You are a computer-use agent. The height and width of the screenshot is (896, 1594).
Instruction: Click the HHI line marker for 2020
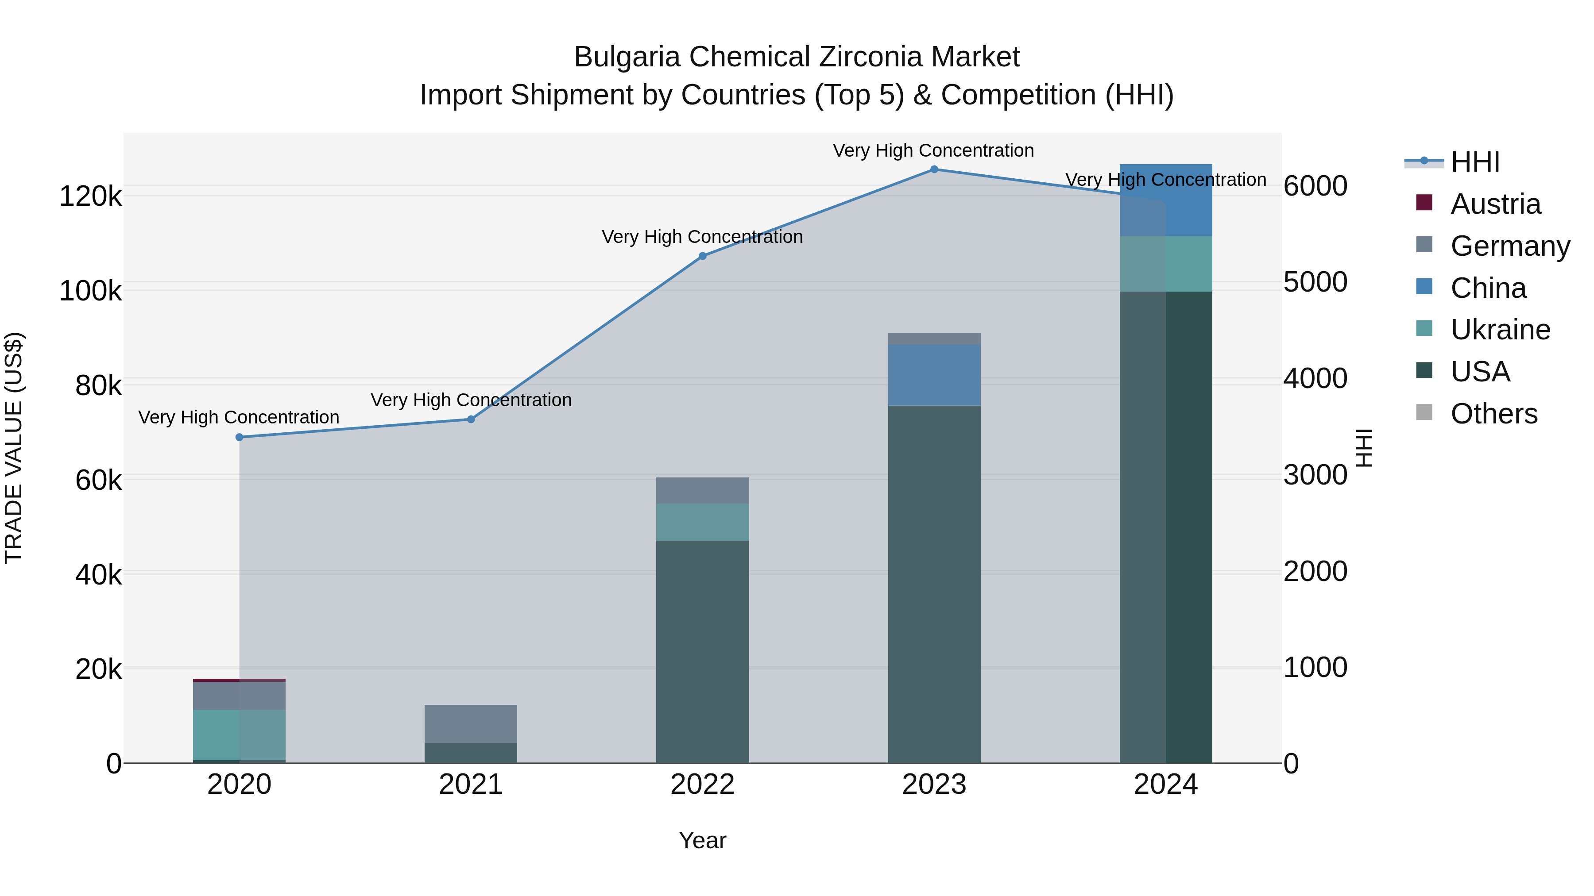[x=240, y=437]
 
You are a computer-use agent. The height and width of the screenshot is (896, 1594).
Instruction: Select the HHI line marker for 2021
[x=471, y=419]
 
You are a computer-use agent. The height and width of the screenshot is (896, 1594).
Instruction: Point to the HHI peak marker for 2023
[x=934, y=169]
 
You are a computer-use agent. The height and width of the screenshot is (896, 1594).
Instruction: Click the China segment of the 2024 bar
[x=1166, y=200]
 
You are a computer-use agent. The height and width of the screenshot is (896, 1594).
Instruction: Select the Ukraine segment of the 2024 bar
[x=1166, y=264]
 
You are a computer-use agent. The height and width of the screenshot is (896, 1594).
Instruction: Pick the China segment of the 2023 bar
[x=934, y=375]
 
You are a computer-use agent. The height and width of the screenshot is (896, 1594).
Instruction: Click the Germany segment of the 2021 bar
[x=471, y=723]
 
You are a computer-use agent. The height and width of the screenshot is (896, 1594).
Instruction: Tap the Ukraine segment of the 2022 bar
[x=702, y=522]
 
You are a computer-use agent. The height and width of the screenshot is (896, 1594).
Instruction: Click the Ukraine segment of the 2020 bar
[x=240, y=734]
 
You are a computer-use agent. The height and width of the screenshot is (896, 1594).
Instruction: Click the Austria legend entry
[x=1495, y=204]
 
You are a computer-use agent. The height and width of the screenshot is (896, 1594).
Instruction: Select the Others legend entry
[x=1494, y=414]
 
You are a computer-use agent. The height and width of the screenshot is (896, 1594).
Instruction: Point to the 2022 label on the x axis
[x=702, y=784]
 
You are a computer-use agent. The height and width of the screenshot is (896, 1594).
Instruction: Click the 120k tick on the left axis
[x=90, y=196]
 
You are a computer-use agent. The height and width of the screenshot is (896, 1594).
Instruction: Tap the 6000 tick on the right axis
[x=1315, y=186]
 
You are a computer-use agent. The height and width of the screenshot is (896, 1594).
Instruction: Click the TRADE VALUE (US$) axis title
[x=14, y=448]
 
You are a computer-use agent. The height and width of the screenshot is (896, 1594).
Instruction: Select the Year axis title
[x=702, y=840]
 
